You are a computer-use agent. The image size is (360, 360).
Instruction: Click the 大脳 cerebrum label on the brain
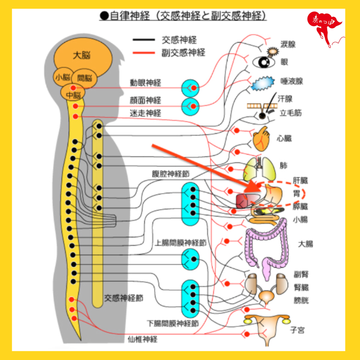tap(82, 55)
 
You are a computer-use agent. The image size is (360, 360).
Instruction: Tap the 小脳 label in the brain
tap(62, 77)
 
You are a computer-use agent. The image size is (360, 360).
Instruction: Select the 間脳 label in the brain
tap(84, 78)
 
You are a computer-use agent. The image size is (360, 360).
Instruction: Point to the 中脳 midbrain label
tap(73, 95)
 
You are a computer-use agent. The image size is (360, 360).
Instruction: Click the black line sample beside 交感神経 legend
tap(144, 40)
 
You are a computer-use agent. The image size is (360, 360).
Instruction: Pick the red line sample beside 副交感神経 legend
tap(144, 53)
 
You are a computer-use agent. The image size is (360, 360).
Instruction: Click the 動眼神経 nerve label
tap(145, 83)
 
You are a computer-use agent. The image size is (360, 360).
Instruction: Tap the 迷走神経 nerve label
tap(145, 113)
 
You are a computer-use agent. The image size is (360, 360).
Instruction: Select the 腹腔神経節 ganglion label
tap(171, 174)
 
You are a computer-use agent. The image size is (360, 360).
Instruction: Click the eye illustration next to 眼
tap(263, 62)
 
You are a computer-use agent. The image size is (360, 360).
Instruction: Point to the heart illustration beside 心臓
tap(261, 139)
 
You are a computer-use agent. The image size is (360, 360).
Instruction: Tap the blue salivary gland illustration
tap(263, 83)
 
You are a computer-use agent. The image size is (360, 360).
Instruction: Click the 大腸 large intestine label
tap(305, 244)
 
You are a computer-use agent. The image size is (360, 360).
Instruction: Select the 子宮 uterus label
tap(297, 330)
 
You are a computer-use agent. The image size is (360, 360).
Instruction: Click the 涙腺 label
tap(288, 44)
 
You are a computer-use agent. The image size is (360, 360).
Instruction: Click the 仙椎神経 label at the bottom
tap(143, 339)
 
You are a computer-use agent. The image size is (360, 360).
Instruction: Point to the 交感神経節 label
tap(124, 298)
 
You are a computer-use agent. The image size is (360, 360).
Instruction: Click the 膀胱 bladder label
tap(301, 300)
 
